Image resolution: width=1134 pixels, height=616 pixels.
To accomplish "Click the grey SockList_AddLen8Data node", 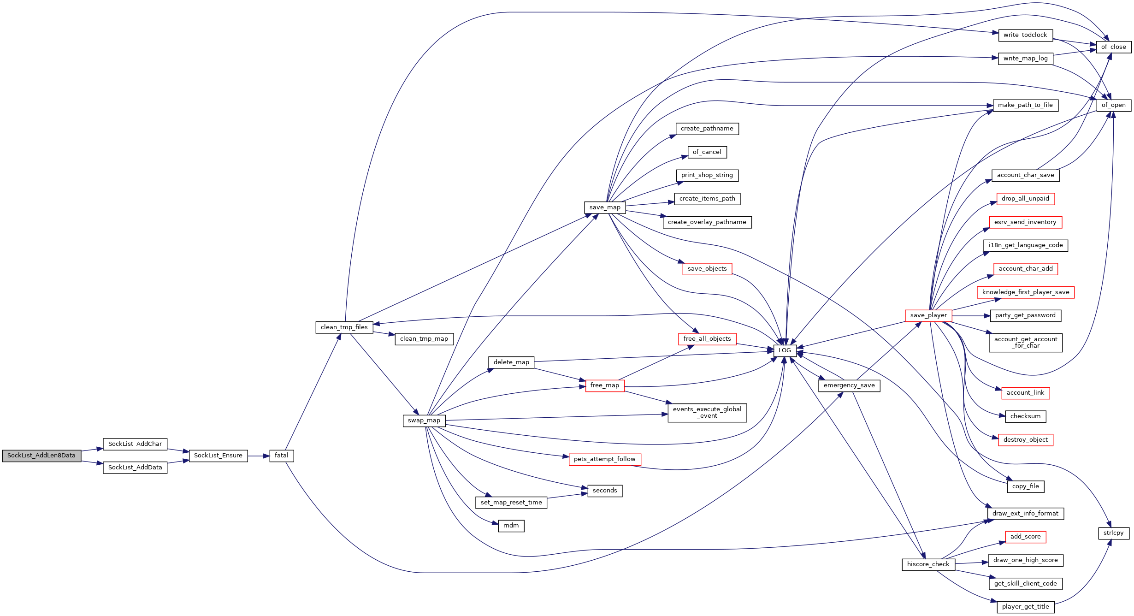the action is click(41, 456).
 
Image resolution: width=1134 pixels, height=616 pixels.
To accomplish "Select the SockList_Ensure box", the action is click(218, 456).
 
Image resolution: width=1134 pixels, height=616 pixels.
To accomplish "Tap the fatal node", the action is click(282, 456).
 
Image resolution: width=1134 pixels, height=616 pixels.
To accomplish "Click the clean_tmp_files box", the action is click(344, 327).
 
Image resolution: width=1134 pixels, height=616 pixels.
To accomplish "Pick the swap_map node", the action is click(424, 421).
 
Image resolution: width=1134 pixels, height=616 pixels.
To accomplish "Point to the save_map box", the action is click(605, 207).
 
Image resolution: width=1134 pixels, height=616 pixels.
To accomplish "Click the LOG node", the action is click(785, 350).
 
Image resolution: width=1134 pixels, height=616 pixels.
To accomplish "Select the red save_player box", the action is click(928, 315).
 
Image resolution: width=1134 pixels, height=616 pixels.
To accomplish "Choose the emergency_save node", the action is click(849, 385).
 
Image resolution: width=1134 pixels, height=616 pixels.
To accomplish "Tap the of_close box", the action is click(1114, 47).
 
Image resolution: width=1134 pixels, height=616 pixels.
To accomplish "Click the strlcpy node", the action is click(1114, 533).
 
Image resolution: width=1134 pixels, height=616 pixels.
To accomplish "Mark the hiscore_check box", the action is click(928, 564).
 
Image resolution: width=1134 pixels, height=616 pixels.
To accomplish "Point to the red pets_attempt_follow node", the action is click(605, 459).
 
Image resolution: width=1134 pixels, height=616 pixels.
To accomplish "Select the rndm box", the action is click(511, 526).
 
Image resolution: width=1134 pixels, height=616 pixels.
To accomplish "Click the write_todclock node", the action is click(1025, 35).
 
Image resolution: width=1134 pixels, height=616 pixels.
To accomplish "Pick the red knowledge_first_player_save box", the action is click(1026, 292).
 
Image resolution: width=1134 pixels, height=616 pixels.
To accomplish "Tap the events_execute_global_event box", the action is click(707, 413).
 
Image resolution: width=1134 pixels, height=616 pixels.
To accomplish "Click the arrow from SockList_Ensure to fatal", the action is click(259, 456).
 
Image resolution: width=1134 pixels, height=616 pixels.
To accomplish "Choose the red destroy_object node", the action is click(1026, 440).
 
